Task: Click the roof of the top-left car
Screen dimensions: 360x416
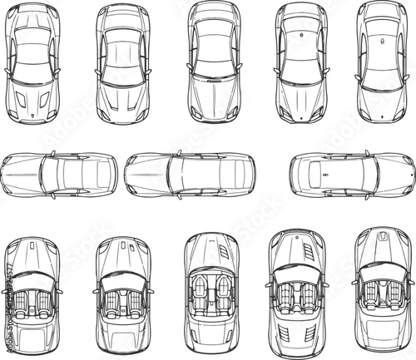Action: point(34,52)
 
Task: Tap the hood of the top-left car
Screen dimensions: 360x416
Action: point(34,97)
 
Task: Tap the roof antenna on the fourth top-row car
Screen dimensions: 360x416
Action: point(302,38)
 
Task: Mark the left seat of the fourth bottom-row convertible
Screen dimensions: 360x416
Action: point(288,295)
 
